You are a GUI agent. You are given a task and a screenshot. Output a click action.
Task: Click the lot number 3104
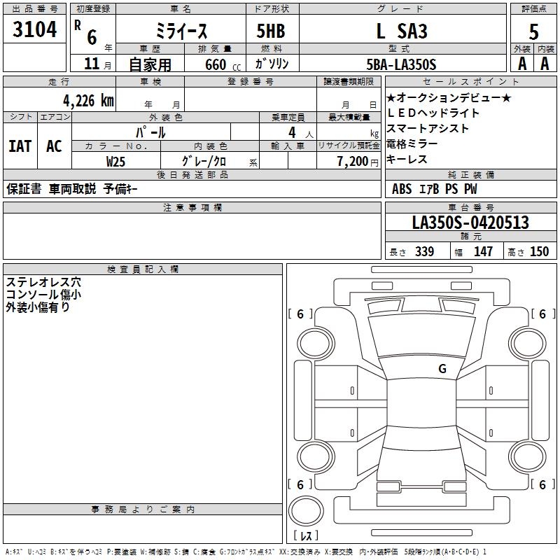34,29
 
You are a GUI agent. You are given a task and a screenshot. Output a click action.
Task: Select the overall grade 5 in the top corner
533,31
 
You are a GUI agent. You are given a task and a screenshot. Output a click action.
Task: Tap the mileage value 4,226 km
89,101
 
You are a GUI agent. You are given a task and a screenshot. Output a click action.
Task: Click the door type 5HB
271,31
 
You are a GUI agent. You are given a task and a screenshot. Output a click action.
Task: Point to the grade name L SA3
402,31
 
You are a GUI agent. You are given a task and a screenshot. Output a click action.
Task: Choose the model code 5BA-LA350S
401,64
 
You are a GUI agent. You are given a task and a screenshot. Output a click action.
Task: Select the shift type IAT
20,146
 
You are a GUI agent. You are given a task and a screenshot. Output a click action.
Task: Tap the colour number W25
115,162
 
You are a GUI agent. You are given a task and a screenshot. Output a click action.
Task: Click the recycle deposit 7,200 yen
358,162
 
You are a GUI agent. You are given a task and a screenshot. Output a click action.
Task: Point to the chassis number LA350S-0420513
470,223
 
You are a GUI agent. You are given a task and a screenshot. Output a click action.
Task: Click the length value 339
425,251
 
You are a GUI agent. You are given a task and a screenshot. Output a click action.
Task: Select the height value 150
539,251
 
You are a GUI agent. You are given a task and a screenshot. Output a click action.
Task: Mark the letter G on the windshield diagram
442,369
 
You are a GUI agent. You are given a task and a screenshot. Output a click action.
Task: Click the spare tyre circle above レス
306,511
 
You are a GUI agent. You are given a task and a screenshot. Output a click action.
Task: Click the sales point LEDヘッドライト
433,113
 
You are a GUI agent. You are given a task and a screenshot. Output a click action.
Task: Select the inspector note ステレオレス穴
43,282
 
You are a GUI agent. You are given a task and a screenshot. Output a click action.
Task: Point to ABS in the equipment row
402,189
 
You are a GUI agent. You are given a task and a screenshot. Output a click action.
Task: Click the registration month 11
92,64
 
